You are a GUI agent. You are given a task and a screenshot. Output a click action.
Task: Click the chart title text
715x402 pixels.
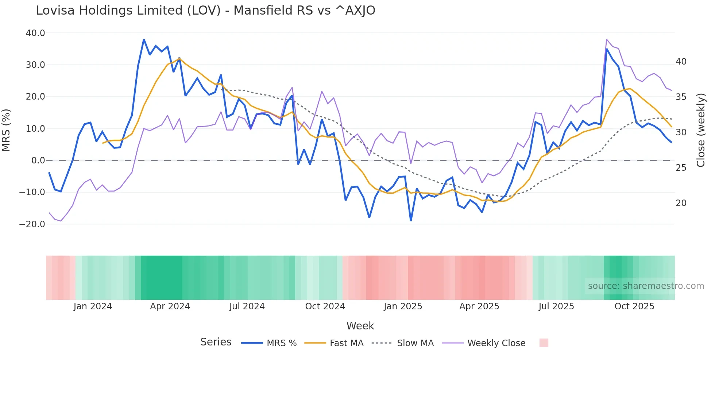205,11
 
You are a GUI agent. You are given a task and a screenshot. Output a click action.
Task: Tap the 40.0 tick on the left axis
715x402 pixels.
35,33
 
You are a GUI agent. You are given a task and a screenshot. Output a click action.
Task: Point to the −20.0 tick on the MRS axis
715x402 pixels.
32,224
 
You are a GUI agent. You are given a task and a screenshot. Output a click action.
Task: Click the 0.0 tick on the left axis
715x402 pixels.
38,161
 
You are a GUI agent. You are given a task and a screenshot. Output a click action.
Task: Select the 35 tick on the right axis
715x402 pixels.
681,97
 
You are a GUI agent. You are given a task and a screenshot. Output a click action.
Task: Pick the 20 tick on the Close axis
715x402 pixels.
681,203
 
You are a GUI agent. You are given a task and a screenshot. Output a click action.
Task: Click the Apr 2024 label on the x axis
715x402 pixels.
170,306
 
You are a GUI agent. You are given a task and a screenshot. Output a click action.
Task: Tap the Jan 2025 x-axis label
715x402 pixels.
403,306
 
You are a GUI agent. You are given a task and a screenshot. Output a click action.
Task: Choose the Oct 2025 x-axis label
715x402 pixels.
634,306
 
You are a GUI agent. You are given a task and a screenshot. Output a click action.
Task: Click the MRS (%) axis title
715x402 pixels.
6,130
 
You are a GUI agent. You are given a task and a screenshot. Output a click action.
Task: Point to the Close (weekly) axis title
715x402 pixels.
700,130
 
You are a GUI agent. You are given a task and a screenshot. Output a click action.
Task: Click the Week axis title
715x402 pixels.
360,326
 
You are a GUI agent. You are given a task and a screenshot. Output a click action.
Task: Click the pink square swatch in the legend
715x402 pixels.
544,343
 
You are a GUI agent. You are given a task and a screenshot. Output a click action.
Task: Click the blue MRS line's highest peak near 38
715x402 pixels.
144,39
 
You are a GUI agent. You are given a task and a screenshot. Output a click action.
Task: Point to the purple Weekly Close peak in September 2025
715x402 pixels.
607,39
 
